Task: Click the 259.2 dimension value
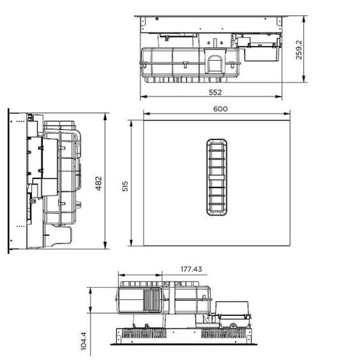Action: click(299, 50)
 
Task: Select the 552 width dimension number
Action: click(215, 92)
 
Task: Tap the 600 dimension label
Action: click(220, 109)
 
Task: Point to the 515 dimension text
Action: click(125, 186)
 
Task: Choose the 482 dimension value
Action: click(99, 183)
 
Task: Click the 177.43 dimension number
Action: click(191, 269)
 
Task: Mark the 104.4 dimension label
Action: click(84, 341)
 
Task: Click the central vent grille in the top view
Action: click(217, 177)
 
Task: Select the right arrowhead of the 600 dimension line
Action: click(287, 114)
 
